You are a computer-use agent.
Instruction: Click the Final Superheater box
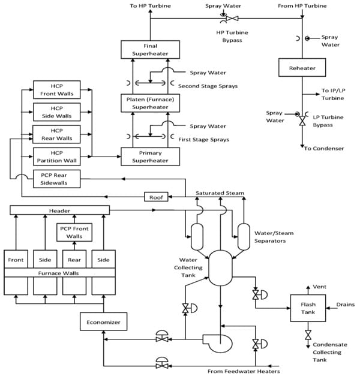pyautogui.click(x=150, y=50)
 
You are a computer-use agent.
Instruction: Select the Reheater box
pyautogui.click(x=302, y=68)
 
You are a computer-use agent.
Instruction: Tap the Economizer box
pyautogui.click(x=103, y=321)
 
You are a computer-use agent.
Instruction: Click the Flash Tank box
pyautogui.click(x=308, y=308)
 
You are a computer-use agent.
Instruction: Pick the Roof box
pyautogui.click(x=156, y=197)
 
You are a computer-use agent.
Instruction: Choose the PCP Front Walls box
pyautogui.click(x=74, y=232)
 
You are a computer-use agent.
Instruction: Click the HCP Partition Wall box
pyautogui.click(x=56, y=157)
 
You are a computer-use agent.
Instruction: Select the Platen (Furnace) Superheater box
pyautogui.click(x=150, y=103)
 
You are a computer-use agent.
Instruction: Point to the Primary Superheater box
pyautogui.click(x=150, y=157)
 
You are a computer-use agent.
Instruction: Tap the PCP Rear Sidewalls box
pyautogui.click(x=56, y=179)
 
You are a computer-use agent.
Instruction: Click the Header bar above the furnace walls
pyautogui.click(x=59, y=210)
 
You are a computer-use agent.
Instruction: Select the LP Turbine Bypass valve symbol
pyautogui.click(x=302, y=121)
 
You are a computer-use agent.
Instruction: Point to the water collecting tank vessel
pyautogui.click(x=220, y=268)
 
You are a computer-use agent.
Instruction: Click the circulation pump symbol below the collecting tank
pyautogui.click(x=218, y=343)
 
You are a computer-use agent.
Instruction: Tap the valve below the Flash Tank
pyautogui.click(x=308, y=335)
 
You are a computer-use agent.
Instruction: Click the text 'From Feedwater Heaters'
pyautogui.click(x=244, y=371)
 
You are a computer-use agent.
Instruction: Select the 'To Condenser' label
pyautogui.click(x=324, y=148)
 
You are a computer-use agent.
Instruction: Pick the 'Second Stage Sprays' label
pyautogui.click(x=208, y=86)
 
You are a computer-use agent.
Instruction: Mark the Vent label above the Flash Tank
pyautogui.click(x=319, y=287)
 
